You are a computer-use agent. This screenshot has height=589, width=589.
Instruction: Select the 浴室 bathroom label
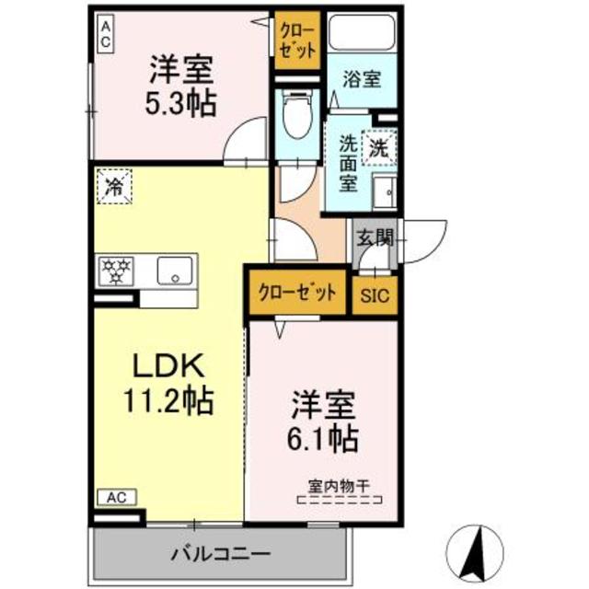(360, 78)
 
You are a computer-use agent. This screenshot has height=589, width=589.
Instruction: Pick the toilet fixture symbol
(296, 118)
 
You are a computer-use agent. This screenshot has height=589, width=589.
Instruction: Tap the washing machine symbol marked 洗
(379, 145)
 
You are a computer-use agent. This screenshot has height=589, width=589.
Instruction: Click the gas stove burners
(117, 271)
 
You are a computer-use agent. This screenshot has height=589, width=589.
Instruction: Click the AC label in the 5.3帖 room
(106, 35)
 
